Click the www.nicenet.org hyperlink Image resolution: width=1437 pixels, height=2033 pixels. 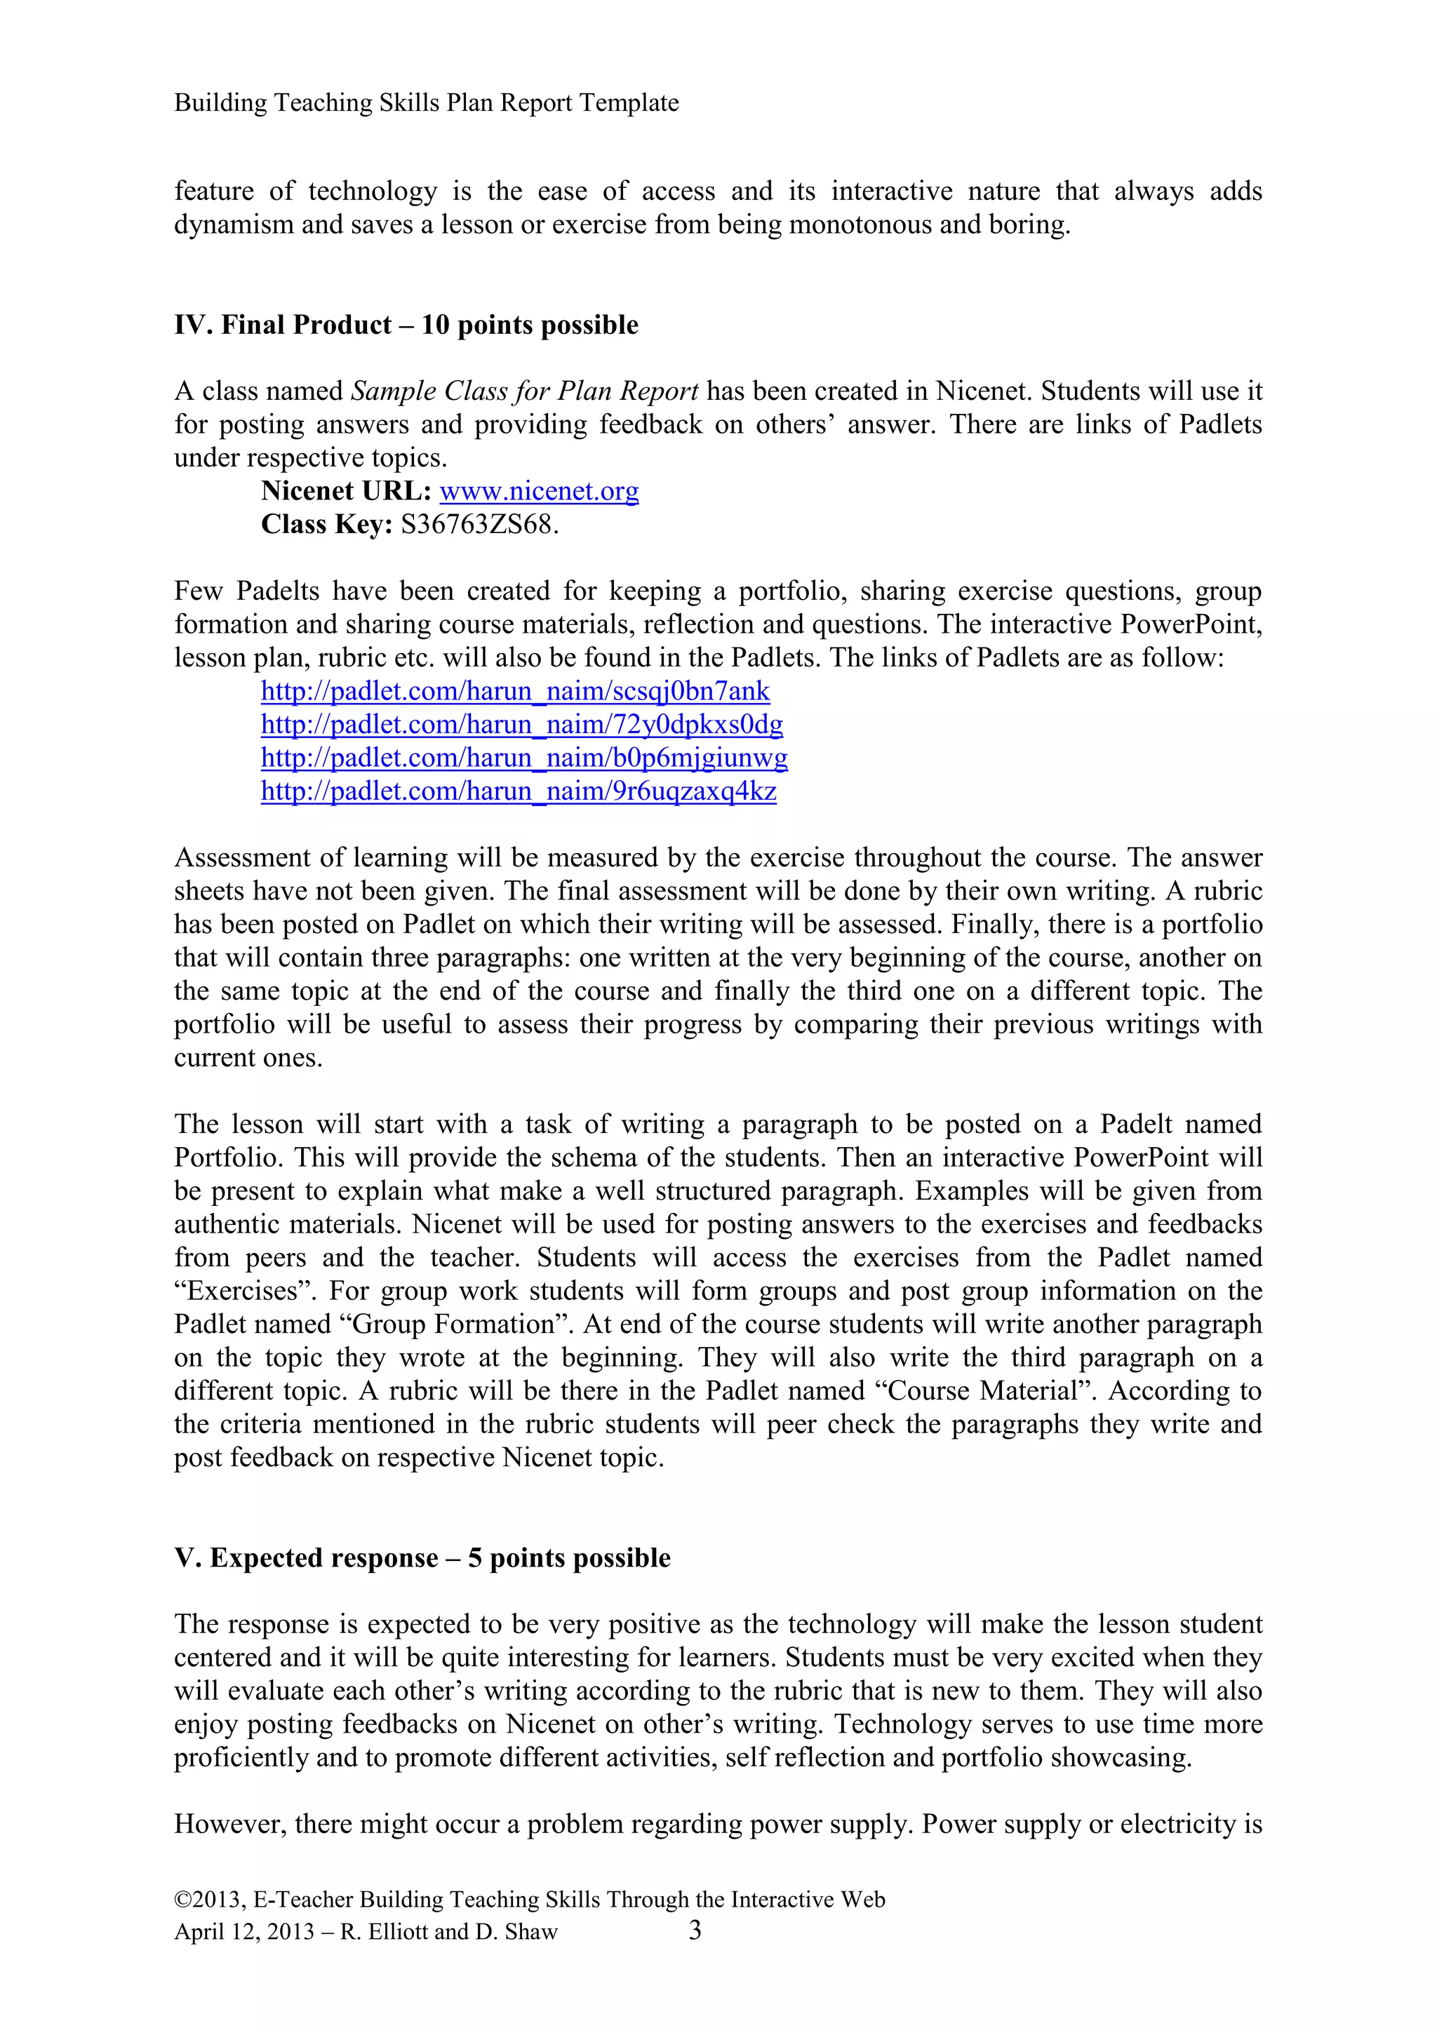[538, 492]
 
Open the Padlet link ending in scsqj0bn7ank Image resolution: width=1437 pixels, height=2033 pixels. [514, 692]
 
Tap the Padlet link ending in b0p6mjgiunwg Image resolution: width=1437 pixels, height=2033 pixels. [523, 758]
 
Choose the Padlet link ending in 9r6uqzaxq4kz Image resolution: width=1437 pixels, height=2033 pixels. [518, 791]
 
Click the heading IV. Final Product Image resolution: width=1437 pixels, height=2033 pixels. [406, 325]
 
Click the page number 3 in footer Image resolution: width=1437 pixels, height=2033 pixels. [695, 1931]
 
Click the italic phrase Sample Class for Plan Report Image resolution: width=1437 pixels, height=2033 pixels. [525, 391]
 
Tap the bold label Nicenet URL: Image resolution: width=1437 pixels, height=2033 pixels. [345, 492]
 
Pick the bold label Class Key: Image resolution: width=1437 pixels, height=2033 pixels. [326, 525]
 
